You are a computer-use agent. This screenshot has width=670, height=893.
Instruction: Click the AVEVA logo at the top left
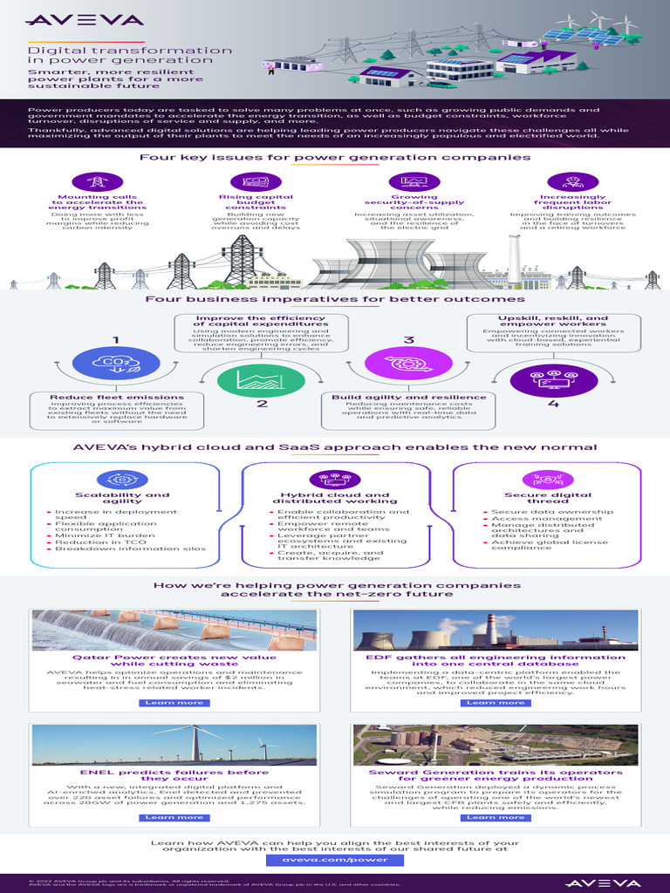point(72,19)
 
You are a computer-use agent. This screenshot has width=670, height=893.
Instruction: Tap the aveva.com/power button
point(335,859)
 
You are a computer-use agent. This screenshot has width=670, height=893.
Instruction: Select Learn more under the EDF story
point(496,702)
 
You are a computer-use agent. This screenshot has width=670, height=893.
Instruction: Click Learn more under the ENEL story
point(174,817)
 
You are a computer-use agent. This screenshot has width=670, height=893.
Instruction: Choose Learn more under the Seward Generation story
point(496,817)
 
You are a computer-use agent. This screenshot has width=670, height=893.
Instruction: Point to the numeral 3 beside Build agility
point(407,339)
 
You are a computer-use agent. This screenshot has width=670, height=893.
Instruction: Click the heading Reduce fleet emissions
point(116,397)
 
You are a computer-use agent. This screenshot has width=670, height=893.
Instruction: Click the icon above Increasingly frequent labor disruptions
point(573,181)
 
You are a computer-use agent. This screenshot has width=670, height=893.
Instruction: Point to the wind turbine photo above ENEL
point(174,744)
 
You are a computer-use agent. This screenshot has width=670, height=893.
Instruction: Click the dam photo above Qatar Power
point(174,629)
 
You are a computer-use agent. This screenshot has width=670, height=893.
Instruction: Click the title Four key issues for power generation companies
point(335,158)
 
